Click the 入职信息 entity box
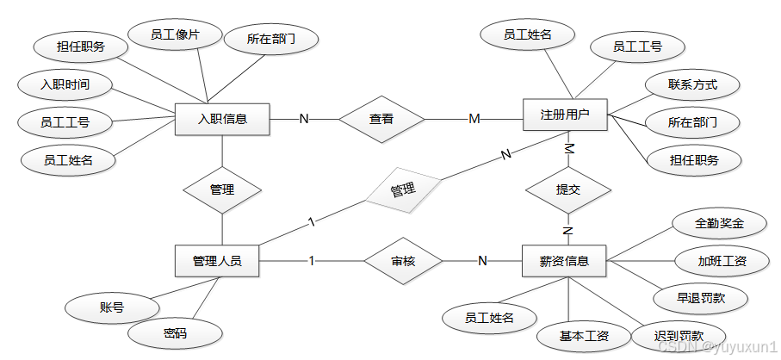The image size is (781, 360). click(222, 119)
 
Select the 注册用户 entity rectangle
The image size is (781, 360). click(565, 115)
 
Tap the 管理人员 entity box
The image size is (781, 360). click(216, 260)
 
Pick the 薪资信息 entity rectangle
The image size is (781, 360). click(564, 261)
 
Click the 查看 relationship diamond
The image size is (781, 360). click(381, 119)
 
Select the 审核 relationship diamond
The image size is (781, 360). click(403, 260)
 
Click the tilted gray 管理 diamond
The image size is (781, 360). click(402, 190)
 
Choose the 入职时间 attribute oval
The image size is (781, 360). click(65, 84)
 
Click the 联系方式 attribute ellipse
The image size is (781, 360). click(691, 85)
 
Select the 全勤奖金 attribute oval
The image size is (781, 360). click(718, 223)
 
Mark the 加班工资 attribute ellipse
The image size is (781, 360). click(722, 260)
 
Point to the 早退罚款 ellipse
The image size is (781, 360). click(699, 298)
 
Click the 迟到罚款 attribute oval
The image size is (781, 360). click(679, 335)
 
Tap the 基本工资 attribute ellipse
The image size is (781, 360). click(573, 335)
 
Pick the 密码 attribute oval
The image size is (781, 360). click(176, 332)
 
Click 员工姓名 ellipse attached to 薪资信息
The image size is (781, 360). click(488, 318)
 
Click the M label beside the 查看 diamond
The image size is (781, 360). click(474, 119)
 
